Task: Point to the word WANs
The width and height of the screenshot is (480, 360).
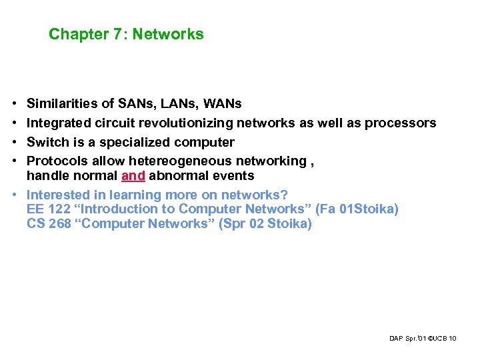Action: [223, 104]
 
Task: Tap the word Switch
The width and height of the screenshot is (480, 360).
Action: [47, 142]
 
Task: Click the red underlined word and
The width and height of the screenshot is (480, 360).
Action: [133, 176]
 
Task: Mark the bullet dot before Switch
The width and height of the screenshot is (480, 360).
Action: [14, 142]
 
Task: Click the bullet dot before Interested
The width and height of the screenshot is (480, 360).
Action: [14, 195]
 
